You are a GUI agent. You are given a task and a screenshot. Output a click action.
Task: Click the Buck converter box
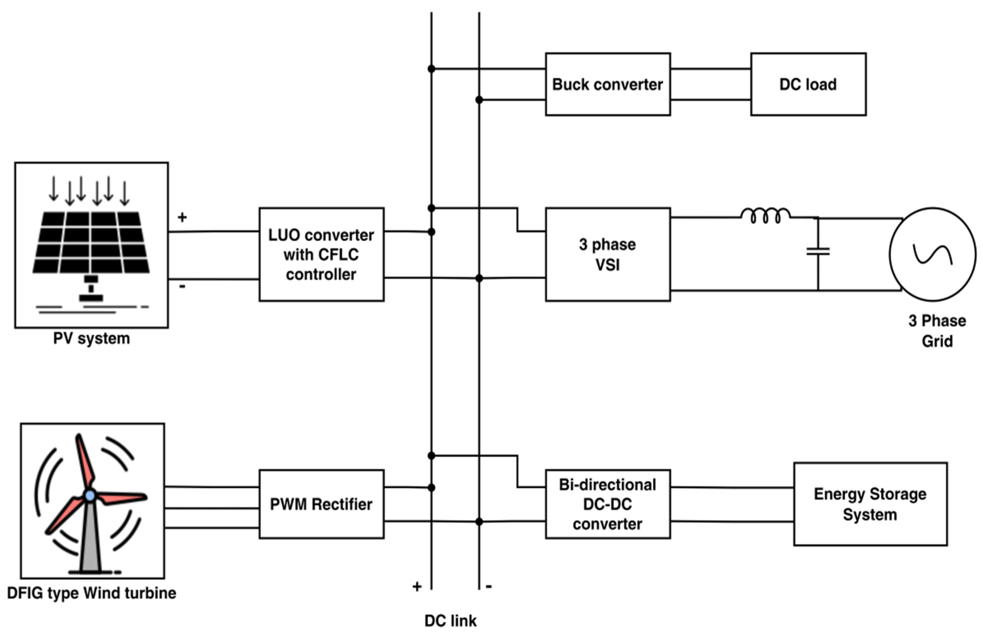[x=607, y=84]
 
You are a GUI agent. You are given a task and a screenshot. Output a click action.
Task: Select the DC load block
[x=808, y=84]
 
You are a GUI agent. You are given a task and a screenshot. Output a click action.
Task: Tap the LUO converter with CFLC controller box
[x=321, y=255]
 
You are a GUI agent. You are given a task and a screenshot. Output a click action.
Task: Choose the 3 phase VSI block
[x=607, y=255]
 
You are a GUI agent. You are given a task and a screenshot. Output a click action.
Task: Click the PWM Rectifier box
[x=321, y=504]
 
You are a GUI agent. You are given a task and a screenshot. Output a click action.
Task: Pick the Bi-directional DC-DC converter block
[x=607, y=504]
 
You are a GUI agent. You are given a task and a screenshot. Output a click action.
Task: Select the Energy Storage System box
[x=870, y=504]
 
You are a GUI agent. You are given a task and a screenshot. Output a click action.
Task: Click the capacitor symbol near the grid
[x=818, y=251]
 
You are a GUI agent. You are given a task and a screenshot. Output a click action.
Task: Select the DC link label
[x=450, y=621]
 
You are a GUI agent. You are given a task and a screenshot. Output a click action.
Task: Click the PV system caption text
[x=91, y=338]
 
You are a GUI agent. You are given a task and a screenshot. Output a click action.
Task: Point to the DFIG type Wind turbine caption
[x=91, y=593]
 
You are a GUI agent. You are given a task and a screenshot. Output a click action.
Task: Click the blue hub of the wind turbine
[x=90, y=495]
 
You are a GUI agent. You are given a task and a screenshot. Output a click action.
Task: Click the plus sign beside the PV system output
[x=182, y=217]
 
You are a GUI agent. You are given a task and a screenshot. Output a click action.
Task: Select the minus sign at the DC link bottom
[x=489, y=586]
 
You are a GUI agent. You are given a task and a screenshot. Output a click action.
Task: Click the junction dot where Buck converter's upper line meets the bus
[x=431, y=69]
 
